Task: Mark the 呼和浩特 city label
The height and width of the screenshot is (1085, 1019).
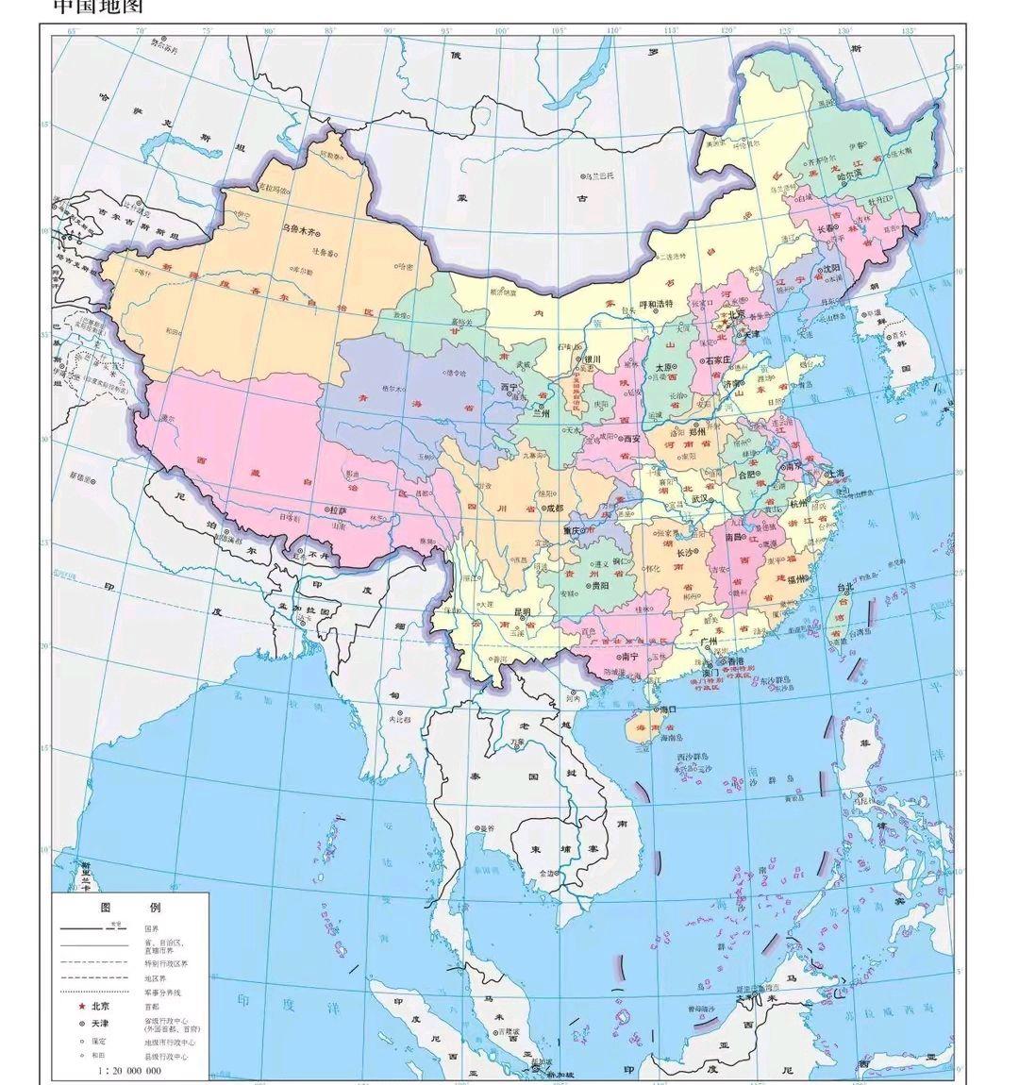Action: (x=659, y=305)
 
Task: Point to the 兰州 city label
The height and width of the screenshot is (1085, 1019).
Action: (x=542, y=412)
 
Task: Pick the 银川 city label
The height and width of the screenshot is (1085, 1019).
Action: (x=592, y=359)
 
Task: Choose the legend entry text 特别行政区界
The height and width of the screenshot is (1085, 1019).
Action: (x=166, y=962)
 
